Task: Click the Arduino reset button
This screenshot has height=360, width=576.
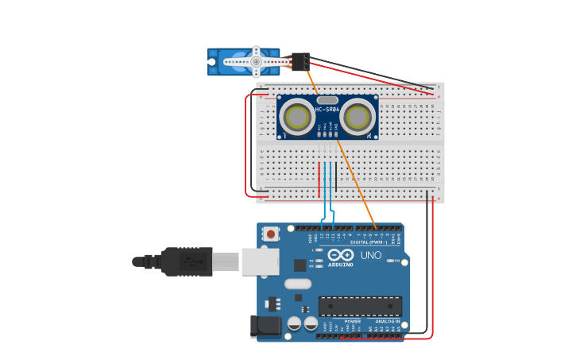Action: click(272, 234)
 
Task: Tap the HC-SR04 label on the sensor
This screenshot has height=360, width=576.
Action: click(327, 110)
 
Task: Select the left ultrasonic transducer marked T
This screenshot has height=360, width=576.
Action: click(297, 118)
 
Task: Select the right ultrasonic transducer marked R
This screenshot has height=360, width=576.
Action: click(358, 118)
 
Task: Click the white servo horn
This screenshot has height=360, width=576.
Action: click(256, 61)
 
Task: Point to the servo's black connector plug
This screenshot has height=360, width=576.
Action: click(300, 61)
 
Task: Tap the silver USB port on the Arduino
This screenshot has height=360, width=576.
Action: click(260, 261)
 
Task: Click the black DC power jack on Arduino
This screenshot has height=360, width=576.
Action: click(265, 326)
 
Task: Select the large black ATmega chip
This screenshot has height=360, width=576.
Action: click(360, 306)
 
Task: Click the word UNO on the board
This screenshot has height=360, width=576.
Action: click(371, 256)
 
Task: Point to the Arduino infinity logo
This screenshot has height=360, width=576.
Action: click(340, 255)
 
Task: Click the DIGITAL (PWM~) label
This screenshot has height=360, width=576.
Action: click(369, 242)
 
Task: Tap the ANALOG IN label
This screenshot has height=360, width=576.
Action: click(388, 322)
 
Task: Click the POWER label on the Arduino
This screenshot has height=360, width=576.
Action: click(341, 322)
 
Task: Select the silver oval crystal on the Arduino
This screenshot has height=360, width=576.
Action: click(297, 284)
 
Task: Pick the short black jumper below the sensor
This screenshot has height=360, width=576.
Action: click(336, 176)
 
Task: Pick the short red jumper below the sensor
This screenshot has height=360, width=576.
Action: click(319, 179)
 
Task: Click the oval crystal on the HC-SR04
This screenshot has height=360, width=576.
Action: click(327, 101)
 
